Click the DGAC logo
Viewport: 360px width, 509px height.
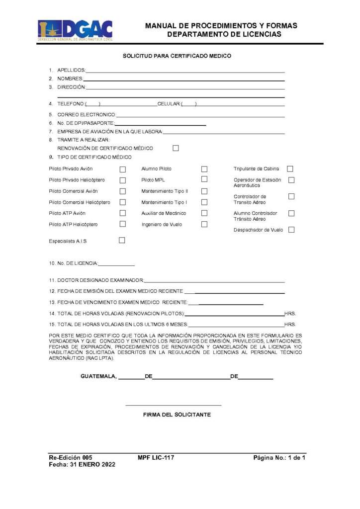(75, 29)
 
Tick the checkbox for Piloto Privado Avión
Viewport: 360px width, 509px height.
(123, 169)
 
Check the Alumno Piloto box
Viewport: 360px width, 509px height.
(204, 169)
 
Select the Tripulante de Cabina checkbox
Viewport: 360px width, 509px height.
(290, 169)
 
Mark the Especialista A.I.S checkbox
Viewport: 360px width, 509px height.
(122, 241)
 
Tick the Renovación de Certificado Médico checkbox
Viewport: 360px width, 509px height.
(176, 148)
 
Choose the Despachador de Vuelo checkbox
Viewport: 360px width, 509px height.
(291, 230)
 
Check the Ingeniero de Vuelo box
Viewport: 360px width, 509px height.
(204, 224)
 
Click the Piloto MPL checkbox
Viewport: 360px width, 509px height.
(204, 179)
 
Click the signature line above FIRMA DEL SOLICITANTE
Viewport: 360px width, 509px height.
(174, 405)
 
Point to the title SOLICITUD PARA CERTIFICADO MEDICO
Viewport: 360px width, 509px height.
(177, 56)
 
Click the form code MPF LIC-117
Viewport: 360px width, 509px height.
(156, 457)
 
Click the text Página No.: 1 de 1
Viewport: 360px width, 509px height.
(279, 457)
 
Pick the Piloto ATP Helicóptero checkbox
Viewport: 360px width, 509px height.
(123, 224)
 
